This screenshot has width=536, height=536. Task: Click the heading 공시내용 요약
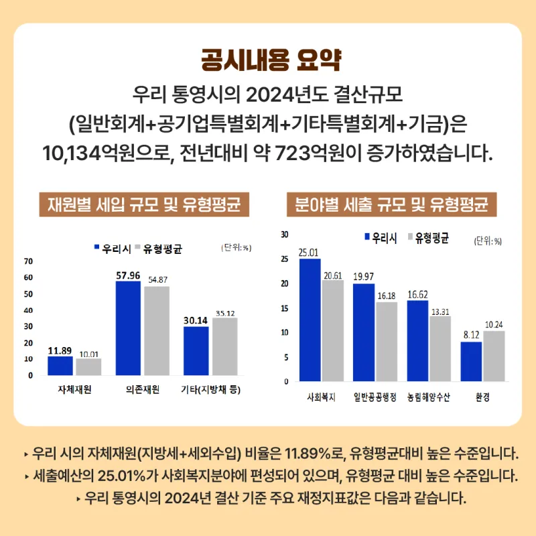268,61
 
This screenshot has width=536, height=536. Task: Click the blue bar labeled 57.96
128,328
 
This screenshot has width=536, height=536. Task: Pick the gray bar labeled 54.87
157,331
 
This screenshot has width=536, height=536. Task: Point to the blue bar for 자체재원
60,366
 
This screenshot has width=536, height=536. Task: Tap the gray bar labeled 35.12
224,346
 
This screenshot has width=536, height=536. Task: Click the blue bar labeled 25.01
310,320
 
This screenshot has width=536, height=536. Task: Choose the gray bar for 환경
494,356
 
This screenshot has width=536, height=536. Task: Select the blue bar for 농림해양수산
417,340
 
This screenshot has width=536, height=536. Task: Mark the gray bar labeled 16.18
387,342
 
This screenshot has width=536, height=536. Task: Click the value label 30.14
196,320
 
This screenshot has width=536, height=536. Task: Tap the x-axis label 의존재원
142,390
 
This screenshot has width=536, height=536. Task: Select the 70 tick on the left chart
29,261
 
